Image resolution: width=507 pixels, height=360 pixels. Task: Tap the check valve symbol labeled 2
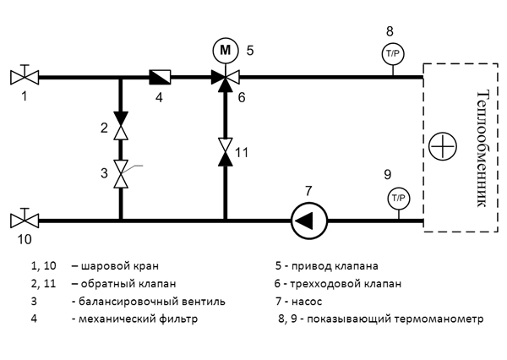(121, 130)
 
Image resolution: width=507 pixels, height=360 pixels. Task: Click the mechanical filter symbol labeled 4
(159, 77)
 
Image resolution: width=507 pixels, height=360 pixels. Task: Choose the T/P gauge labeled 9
(397, 199)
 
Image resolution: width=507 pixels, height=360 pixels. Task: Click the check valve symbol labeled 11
(225, 151)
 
